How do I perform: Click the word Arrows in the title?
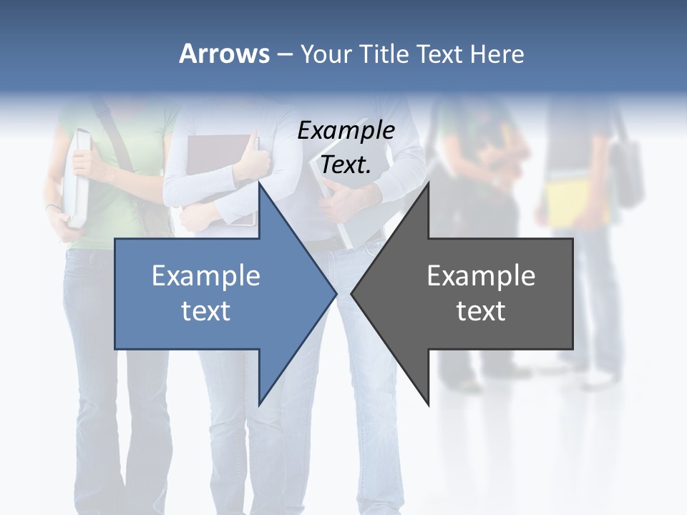click(x=225, y=54)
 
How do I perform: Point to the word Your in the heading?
click(x=326, y=54)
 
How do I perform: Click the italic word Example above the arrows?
click(x=346, y=130)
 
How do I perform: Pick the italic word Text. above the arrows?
click(x=346, y=165)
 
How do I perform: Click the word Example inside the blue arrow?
click(x=206, y=275)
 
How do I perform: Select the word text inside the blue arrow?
click(x=206, y=310)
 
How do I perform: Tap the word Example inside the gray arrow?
click(x=481, y=275)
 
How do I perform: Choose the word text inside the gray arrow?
click(x=481, y=310)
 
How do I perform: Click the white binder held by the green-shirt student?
click(x=77, y=179)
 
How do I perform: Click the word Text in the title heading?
click(x=439, y=54)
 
